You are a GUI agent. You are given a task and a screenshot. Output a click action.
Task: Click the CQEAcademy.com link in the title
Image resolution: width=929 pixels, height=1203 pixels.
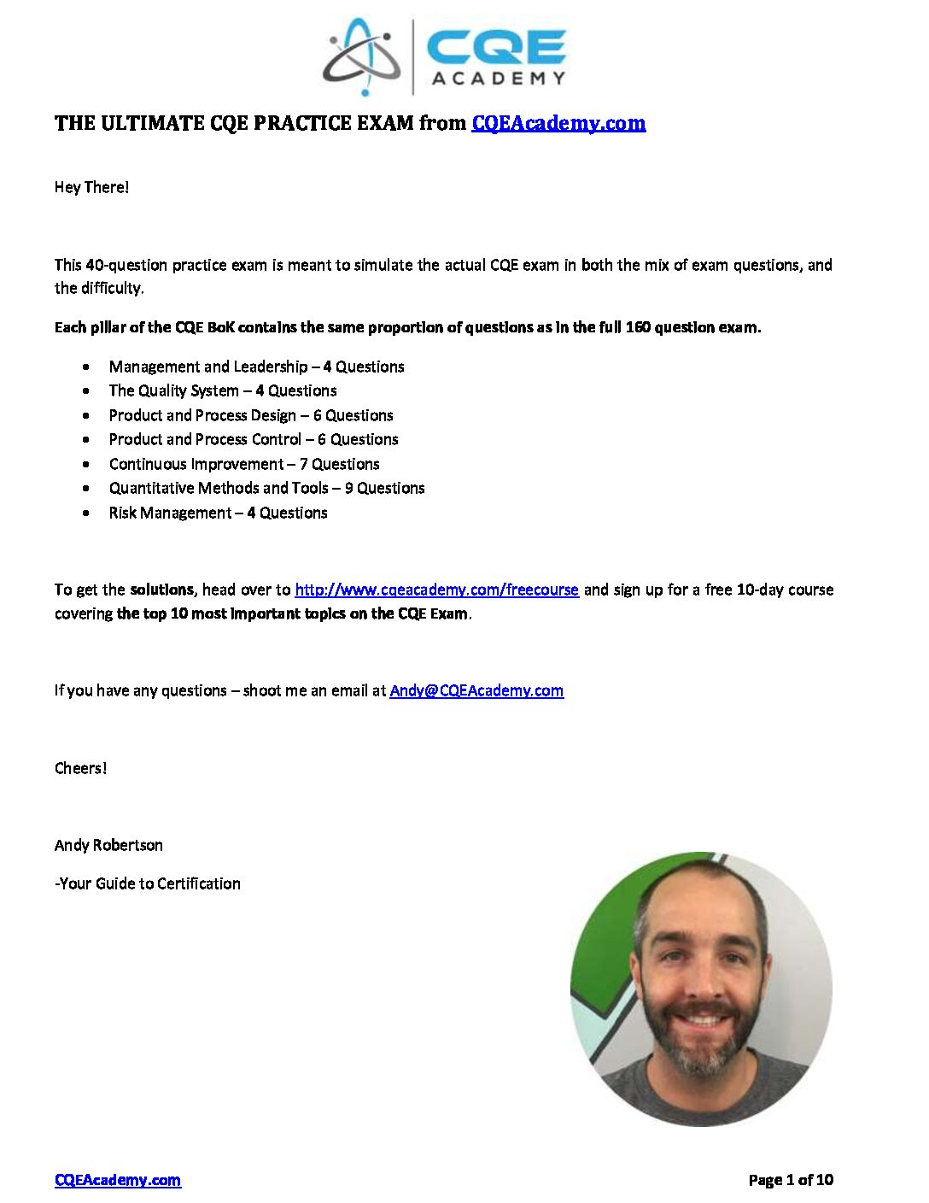558,123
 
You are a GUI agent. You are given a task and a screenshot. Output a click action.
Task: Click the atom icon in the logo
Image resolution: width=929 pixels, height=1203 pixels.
362,56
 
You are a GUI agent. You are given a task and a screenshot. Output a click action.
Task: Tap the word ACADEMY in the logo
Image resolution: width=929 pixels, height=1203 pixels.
498,79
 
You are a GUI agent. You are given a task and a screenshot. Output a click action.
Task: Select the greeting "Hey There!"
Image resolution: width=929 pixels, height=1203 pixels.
91,187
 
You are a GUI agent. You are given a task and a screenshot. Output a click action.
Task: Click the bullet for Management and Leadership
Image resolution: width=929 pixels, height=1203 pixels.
86,367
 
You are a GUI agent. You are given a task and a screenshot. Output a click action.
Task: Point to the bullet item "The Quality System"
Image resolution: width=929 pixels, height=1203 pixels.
173,390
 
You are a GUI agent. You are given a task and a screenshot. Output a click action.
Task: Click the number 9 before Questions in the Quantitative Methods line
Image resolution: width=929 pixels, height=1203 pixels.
348,488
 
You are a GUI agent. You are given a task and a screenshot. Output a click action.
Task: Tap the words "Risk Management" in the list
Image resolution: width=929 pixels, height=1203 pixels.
169,513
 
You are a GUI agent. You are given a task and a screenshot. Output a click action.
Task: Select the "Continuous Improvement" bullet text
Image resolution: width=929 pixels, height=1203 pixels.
196,464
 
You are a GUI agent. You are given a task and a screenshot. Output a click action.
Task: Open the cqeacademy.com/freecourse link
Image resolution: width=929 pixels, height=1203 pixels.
436,590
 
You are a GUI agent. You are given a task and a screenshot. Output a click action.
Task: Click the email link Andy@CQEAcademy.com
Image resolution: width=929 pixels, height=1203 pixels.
476,690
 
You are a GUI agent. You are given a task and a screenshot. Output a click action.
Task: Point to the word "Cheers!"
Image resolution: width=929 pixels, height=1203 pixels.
80,768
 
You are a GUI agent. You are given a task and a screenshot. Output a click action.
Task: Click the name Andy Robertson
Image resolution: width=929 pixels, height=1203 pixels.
108,845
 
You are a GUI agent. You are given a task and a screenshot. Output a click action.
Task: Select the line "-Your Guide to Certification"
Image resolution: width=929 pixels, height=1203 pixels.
147,883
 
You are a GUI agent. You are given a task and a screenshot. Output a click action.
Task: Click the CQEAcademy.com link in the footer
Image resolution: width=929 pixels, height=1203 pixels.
117,1180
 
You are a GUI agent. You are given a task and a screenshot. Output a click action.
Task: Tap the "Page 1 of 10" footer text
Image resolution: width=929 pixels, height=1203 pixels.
791,1180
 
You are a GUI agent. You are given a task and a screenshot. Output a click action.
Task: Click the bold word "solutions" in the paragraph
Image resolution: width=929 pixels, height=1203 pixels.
161,590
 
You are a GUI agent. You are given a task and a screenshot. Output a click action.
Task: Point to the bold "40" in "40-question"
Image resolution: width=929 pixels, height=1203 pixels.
95,265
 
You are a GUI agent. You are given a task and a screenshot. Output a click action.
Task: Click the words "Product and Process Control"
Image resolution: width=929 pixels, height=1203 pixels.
205,439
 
